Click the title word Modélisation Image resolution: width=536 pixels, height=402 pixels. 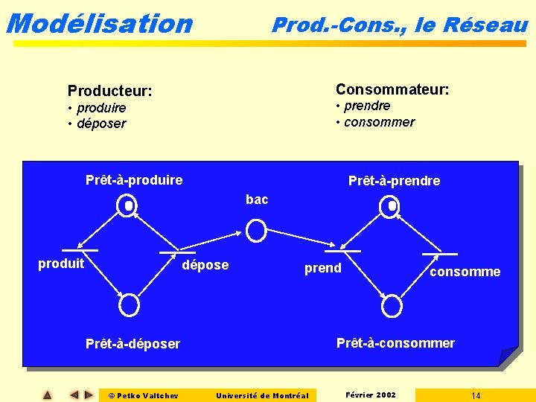click(98, 23)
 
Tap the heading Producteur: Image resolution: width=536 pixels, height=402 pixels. click(110, 92)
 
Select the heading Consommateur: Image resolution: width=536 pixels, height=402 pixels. click(392, 89)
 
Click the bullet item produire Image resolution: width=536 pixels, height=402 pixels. click(100, 108)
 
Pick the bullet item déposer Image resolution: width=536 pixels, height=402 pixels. click(100, 124)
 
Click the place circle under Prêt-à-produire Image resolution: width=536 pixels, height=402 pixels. click(129, 206)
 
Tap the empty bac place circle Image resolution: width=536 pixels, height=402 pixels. click(256, 231)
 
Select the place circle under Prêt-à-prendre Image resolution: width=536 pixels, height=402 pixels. click(389, 206)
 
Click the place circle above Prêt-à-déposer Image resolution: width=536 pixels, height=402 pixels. click(130, 304)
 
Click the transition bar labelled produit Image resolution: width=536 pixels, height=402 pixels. click(80, 250)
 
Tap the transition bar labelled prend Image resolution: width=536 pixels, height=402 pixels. click(342, 251)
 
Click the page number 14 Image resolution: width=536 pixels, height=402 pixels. click(476, 395)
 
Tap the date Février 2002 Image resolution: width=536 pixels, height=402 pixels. click(371, 395)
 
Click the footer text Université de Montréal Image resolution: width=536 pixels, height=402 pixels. click(262, 395)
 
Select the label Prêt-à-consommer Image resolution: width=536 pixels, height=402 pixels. click(395, 343)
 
